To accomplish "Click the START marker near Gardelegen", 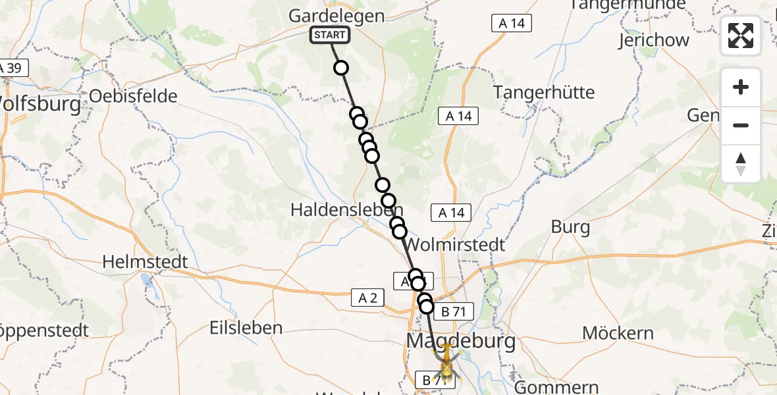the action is pyautogui.click(x=330, y=35).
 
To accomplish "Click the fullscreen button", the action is pyautogui.click(x=741, y=36).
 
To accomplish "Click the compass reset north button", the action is pyautogui.click(x=741, y=163).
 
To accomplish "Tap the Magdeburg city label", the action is pyautogui.click(x=462, y=341).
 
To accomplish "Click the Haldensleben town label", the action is pyautogui.click(x=347, y=209).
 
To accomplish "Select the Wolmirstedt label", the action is pyautogui.click(x=455, y=245).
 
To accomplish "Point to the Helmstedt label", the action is pyautogui.click(x=145, y=262).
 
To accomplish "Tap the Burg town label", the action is pyautogui.click(x=570, y=228).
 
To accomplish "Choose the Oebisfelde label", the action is pyautogui.click(x=133, y=96).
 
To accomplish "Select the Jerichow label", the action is pyautogui.click(x=653, y=40).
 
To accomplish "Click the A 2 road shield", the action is pyautogui.click(x=367, y=298).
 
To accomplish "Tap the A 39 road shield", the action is pyautogui.click(x=11, y=68).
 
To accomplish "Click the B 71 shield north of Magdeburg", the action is pyautogui.click(x=454, y=312).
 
